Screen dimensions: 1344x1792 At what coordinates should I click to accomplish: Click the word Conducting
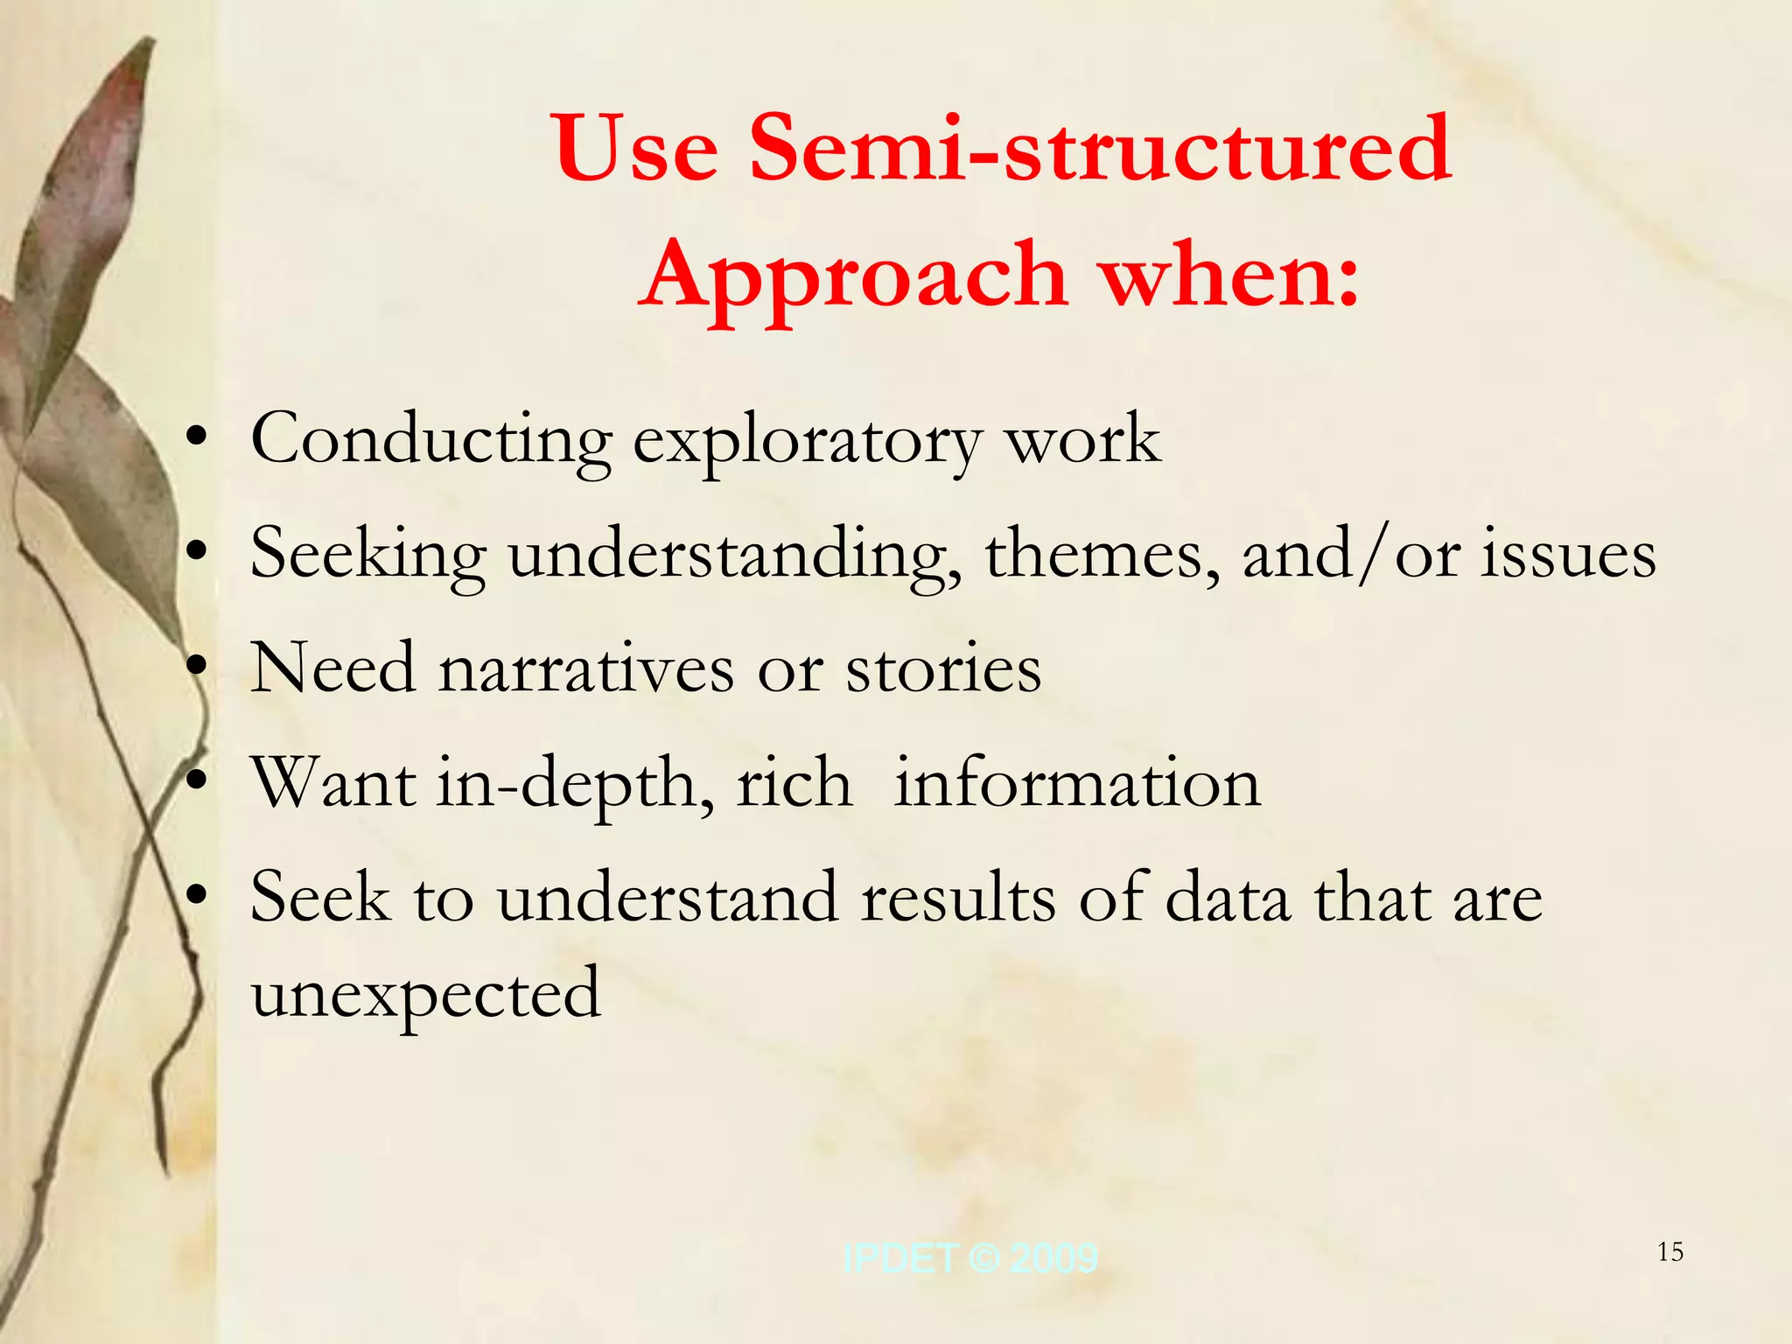[x=430, y=439]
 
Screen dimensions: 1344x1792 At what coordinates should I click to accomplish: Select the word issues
[x=1568, y=555]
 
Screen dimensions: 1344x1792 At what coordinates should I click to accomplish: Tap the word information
[x=1077, y=783]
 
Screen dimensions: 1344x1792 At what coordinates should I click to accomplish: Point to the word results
[x=958, y=898]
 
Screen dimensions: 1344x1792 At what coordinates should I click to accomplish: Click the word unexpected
[x=426, y=995]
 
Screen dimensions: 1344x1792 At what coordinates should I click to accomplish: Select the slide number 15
[x=1670, y=1252]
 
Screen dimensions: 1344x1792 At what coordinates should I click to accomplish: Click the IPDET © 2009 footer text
[x=969, y=1258]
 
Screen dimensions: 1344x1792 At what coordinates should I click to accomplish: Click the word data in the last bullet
[x=1228, y=898]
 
